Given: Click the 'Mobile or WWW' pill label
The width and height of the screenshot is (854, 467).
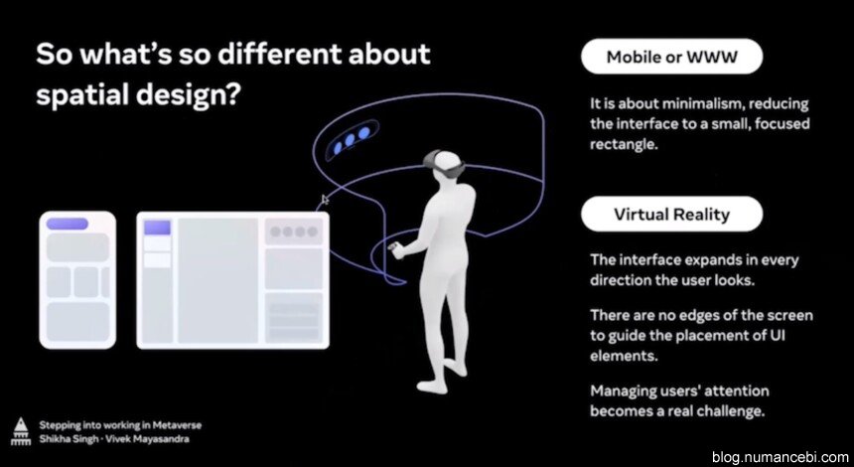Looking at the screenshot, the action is (x=671, y=56).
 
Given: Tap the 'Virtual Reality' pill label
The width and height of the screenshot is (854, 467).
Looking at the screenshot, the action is (x=671, y=215).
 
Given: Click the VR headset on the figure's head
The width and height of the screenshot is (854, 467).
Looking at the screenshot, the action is (x=445, y=162).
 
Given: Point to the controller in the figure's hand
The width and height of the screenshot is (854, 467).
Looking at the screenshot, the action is (x=395, y=250).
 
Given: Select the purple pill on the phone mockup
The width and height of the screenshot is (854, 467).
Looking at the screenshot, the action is (x=67, y=224).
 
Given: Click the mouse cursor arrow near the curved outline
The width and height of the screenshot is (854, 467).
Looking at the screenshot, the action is (x=325, y=200).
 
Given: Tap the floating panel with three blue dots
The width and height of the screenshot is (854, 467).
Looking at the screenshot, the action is (x=352, y=140).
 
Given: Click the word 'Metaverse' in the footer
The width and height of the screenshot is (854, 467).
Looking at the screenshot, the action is (x=177, y=425).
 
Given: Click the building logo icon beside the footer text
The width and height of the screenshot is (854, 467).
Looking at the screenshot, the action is (x=21, y=432).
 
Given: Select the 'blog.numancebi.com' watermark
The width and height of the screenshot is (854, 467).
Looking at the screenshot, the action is (x=780, y=456).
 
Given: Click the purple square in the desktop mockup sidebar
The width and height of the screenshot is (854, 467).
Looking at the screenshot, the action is (x=158, y=228).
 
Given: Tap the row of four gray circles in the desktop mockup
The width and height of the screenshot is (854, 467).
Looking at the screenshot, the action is (x=294, y=233).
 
